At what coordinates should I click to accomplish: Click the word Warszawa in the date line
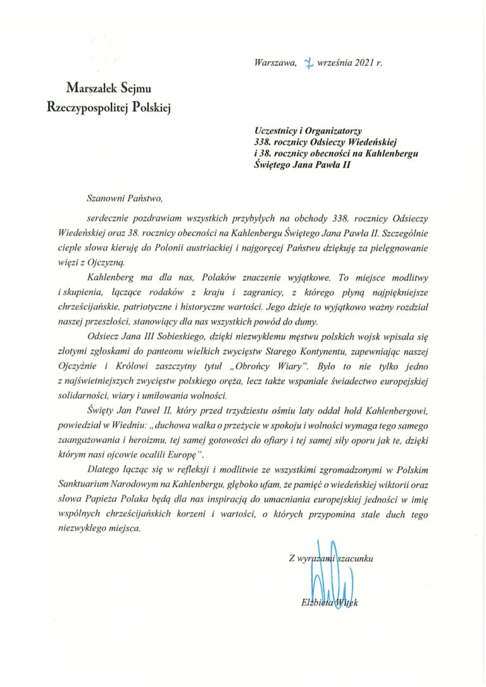(274, 63)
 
